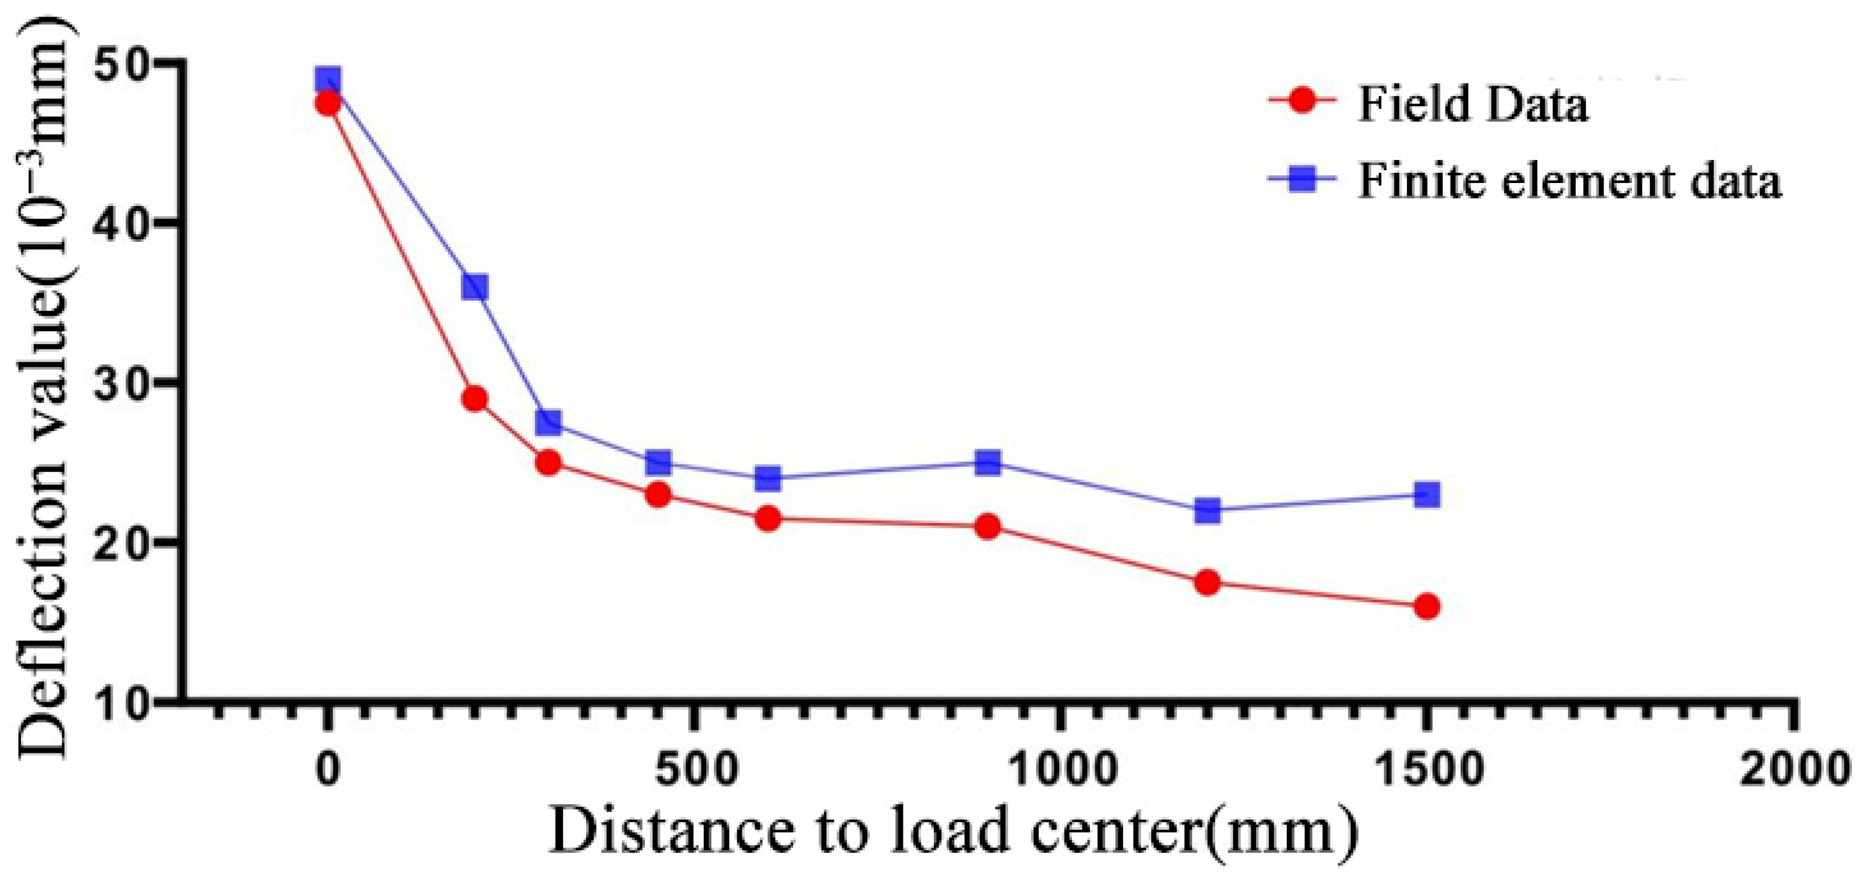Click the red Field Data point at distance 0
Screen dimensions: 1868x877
pyautogui.click(x=328, y=102)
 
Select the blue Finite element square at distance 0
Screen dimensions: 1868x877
pyautogui.click(x=328, y=80)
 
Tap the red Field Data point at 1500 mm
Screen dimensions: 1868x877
pyautogui.click(x=1426, y=606)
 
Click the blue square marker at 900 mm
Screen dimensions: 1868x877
pyautogui.click(x=988, y=462)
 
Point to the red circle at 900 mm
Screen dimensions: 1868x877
pyautogui.click(x=988, y=526)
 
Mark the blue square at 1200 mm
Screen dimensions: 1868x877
pyautogui.click(x=1208, y=510)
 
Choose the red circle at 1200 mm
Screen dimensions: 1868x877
pyautogui.click(x=1208, y=583)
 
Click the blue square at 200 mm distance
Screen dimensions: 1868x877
pyautogui.click(x=474, y=287)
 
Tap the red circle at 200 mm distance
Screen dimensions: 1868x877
pyautogui.click(x=474, y=399)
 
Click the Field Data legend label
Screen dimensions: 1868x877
pyautogui.click(x=1473, y=104)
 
